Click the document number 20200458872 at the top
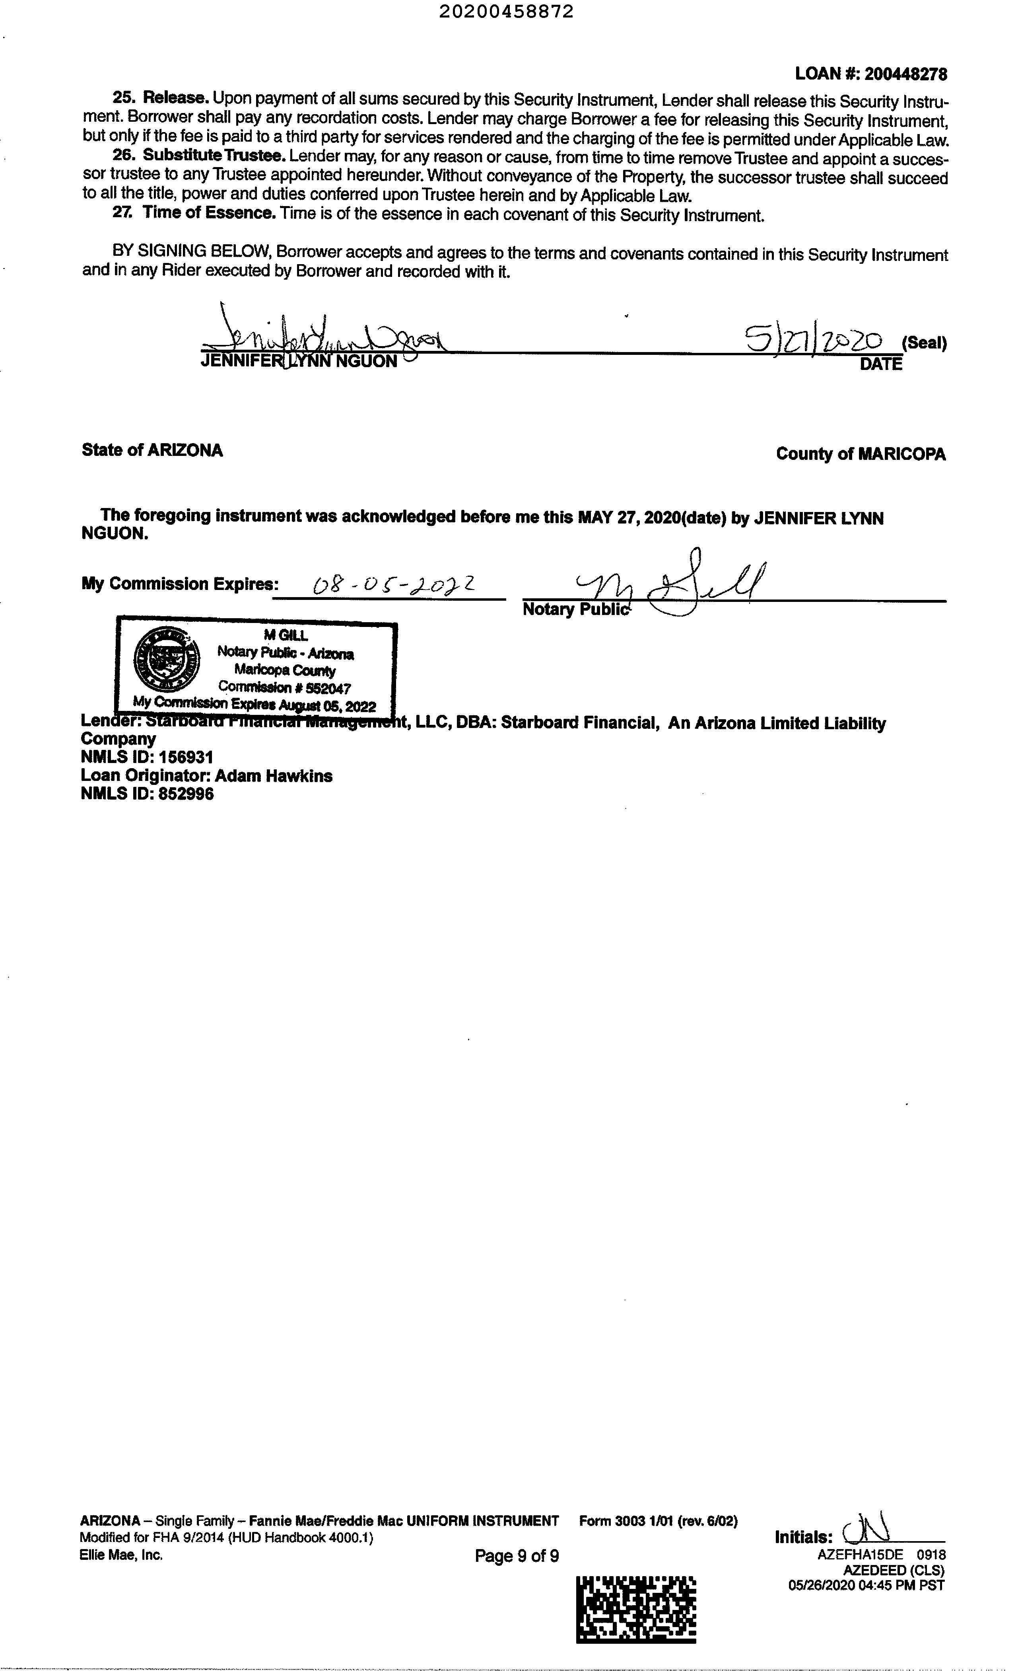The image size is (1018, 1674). point(506,12)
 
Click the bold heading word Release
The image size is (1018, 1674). point(174,99)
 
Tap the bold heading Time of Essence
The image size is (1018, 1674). point(208,213)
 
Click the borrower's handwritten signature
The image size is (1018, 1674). point(326,333)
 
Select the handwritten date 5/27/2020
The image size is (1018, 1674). point(814,338)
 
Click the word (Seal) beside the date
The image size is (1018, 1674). point(924,343)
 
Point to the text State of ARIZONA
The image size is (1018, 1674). point(152,450)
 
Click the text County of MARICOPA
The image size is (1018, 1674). point(861,454)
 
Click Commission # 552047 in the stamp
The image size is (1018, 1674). point(285,687)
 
